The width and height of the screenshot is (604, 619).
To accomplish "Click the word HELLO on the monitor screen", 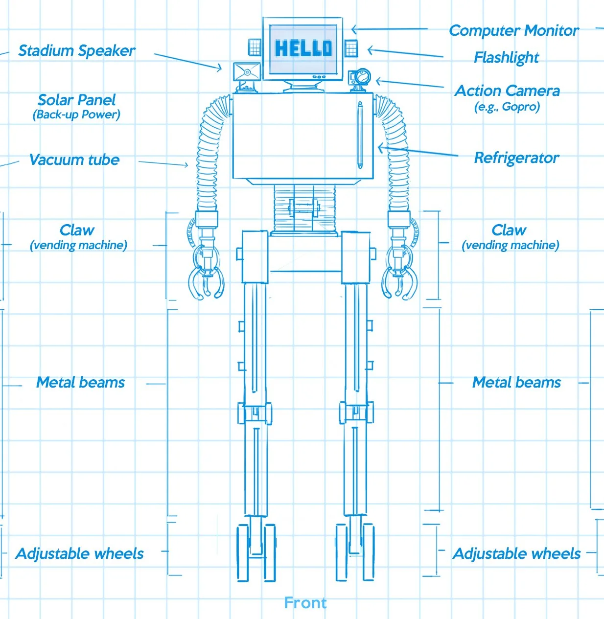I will [x=303, y=48].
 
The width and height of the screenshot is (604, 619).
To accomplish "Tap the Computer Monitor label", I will [x=513, y=31].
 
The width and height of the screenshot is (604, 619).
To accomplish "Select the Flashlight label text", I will [x=506, y=58].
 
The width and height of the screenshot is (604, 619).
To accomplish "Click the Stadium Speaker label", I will [x=76, y=50].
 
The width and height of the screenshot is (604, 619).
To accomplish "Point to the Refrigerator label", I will [x=516, y=158].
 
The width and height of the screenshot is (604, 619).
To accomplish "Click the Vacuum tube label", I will [x=74, y=160].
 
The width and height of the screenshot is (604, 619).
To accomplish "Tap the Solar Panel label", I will [x=77, y=100].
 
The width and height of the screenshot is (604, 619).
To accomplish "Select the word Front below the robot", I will [x=305, y=603].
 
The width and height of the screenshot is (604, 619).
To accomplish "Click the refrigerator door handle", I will [x=360, y=135].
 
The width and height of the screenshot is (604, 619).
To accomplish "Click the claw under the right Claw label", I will [x=401, y=274].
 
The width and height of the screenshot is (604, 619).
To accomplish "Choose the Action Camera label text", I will [x=507, y=91].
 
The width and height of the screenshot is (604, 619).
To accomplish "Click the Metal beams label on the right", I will [x=516, y=383].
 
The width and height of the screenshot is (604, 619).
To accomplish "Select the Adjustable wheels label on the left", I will [x=80, y=554].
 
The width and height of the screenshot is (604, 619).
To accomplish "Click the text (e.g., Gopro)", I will [x=507, y=107].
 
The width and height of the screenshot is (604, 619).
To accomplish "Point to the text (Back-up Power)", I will [x=76, y=115].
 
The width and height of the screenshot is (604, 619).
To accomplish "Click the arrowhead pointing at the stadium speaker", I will [x=219, y=69].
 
